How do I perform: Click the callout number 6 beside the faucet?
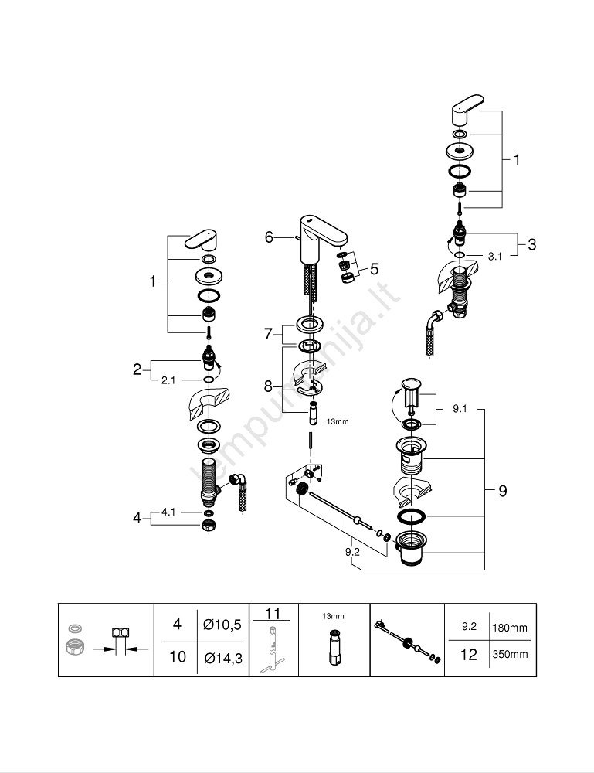[x=269, y=237]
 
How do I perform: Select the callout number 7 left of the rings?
[x=269, y=334]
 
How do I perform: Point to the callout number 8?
[x=269, y=385]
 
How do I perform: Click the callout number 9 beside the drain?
[x=502, y=490]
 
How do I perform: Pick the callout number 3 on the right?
[x=531, y=244]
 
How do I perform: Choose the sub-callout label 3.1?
[x=495, y=256]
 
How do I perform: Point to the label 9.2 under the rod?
[x=352, y=551]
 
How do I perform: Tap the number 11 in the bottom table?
[x=272, y=613]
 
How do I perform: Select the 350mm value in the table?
[x=510, y=654]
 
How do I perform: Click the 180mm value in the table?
[x=510, y=628]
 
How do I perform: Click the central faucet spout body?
[x=310, y=243]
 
